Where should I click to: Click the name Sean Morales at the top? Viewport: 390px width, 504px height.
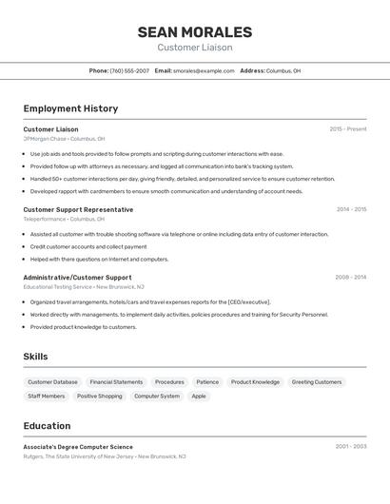(x=194, y=32)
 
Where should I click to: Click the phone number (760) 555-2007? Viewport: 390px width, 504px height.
(x=129, y=70)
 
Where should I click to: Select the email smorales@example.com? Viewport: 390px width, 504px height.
(x=204, y=70)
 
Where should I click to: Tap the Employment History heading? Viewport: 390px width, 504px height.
(x=70, y=108)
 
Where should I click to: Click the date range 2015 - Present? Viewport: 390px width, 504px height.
(x=347, y=129)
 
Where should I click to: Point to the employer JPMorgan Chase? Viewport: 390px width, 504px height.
(x=45, y=139)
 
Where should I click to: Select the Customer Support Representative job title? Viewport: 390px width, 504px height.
(x=78, y=209)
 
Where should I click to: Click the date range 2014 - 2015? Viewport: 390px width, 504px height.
(x=350, y=209)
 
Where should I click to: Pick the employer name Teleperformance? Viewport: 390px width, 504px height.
(x=45, y=219)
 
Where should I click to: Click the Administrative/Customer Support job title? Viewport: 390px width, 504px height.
(x=77, y=278)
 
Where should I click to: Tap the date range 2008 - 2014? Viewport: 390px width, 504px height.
(x=350, y=278)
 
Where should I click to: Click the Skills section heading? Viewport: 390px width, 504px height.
(x=36, y=357)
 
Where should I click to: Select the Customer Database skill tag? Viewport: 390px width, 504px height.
(x=52, y=382)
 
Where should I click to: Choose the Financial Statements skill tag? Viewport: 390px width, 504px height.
(x=116, y=382)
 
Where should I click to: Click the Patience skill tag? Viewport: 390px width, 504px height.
(x=207, y=382)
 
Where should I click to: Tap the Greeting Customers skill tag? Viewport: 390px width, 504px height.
(x=316, y=382)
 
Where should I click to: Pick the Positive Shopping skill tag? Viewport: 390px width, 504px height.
(x=100, y=397)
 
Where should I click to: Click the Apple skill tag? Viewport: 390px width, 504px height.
(x=199, y=397)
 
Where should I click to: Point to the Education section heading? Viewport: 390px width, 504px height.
(x=47, y=426)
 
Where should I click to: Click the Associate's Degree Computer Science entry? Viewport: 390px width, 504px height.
(x=78, y=447)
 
